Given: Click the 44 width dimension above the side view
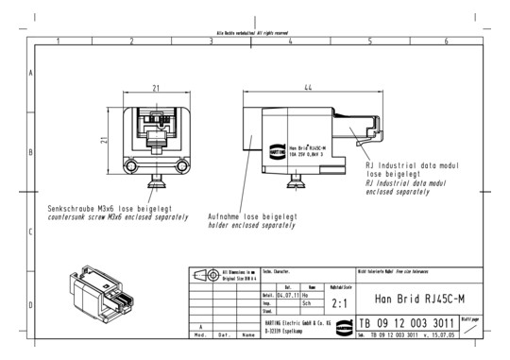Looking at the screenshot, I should pos(308,87).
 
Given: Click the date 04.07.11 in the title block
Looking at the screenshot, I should pos(286,295).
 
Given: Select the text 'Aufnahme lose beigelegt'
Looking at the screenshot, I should pos(252,216).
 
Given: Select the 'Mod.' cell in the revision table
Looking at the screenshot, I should pos(200,334).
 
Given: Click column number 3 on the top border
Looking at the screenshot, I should pos(211,42).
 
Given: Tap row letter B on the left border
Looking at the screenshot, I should pos(32,151).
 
